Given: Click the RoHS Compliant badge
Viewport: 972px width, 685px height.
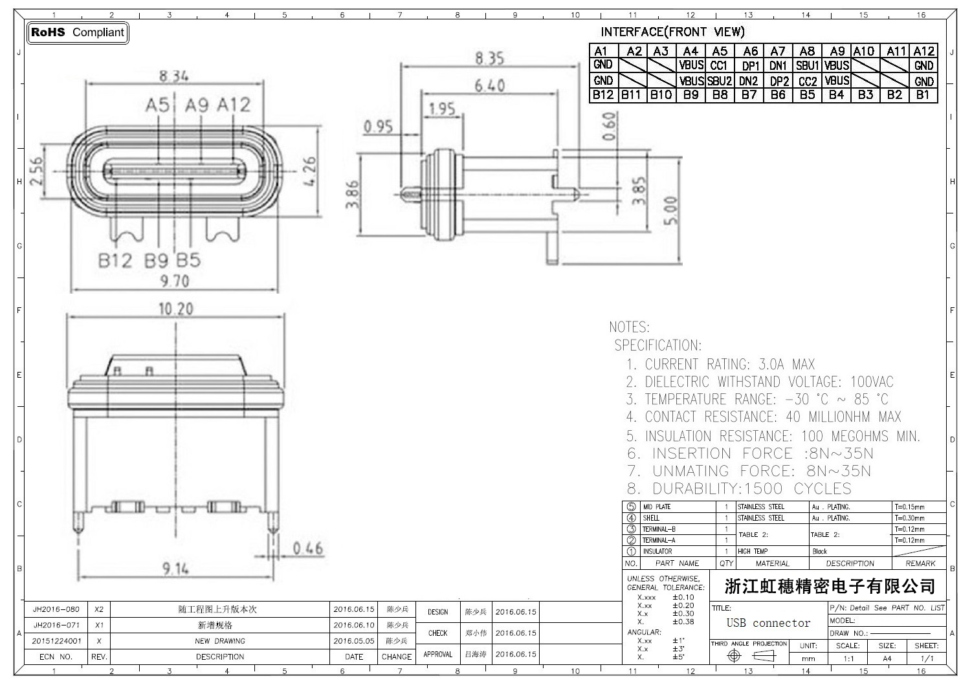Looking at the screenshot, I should [78, 32].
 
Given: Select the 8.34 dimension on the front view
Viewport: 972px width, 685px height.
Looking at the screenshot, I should [174, 76].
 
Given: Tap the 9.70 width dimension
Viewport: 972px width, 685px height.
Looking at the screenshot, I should [174, 281].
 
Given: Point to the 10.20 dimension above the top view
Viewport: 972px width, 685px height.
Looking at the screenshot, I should [176, 309].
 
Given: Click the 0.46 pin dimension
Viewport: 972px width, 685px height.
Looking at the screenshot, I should [307, 549].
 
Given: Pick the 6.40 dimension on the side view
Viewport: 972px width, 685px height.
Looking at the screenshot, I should [489, 85].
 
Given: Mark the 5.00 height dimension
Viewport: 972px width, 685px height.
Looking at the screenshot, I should [672, 210].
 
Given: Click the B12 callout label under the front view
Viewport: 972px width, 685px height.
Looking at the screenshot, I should [115, 261].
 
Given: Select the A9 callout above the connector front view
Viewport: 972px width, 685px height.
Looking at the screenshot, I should [197, 105].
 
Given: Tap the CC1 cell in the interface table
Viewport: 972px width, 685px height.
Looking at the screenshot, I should [719, 65].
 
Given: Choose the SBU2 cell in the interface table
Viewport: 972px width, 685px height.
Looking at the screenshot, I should [719, 81].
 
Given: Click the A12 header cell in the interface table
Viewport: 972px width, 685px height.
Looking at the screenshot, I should [923, 51].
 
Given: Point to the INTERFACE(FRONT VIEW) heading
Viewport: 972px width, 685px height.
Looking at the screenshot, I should [672, 32].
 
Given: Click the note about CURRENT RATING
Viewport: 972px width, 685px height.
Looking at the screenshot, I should [720, 364].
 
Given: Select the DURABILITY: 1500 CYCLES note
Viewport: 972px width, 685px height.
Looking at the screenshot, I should [739, 488].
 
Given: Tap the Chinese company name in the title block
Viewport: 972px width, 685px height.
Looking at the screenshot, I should [830, 587].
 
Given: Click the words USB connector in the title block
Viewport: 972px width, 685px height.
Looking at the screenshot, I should [768, 623].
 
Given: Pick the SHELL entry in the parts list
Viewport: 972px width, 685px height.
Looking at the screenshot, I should [651, 518].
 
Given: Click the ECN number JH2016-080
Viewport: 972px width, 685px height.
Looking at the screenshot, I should [56, 609].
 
